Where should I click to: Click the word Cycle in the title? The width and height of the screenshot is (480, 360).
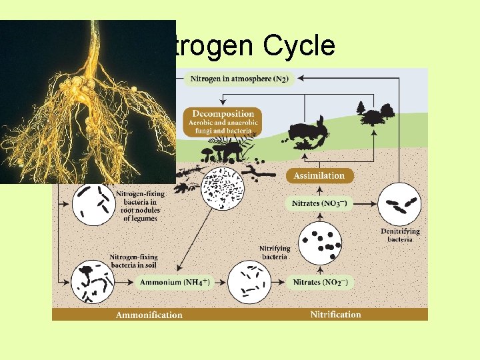[x=299, y=45]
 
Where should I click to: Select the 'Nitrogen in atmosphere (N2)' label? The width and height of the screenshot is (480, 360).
[x=239, y=79]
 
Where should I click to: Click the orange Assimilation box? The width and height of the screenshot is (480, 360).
[x=320, y=176]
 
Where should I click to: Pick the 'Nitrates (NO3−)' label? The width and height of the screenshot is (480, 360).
[x=319, y=203]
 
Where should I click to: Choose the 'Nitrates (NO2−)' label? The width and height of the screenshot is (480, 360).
[x=320, y=283]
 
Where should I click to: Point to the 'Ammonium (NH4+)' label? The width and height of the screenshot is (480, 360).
[x=175, y=283]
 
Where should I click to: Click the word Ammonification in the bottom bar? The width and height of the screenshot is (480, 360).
[x=149, y=315]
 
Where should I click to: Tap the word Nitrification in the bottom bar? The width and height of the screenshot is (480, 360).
[x=335, y=315]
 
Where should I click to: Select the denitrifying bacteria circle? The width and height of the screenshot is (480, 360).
[x=399, y=203]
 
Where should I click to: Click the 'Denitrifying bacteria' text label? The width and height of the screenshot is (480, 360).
[x=400, y=235]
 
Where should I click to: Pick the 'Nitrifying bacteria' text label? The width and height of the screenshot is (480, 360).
[x=274, y=253]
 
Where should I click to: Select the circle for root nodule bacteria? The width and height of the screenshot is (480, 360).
[x=92, y=203]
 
